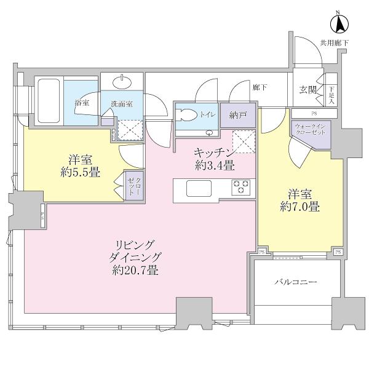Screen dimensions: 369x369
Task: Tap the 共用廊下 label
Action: [334, 42]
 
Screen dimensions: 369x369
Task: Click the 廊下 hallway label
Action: [260, 87]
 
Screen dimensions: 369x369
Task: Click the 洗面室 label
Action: [122, 104]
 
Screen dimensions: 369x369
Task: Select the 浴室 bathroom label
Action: [82, 103]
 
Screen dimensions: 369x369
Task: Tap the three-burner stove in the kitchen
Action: [240, 186]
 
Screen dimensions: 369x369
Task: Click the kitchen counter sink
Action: [198, 187]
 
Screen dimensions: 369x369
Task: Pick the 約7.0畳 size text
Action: [301, 207]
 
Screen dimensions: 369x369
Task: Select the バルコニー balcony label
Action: [295, 282]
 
